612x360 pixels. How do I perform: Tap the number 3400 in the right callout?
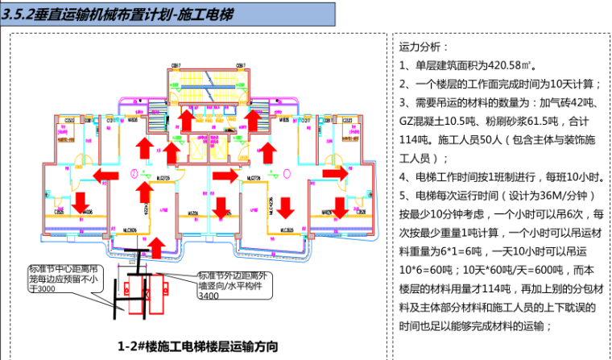click(209, 296)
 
